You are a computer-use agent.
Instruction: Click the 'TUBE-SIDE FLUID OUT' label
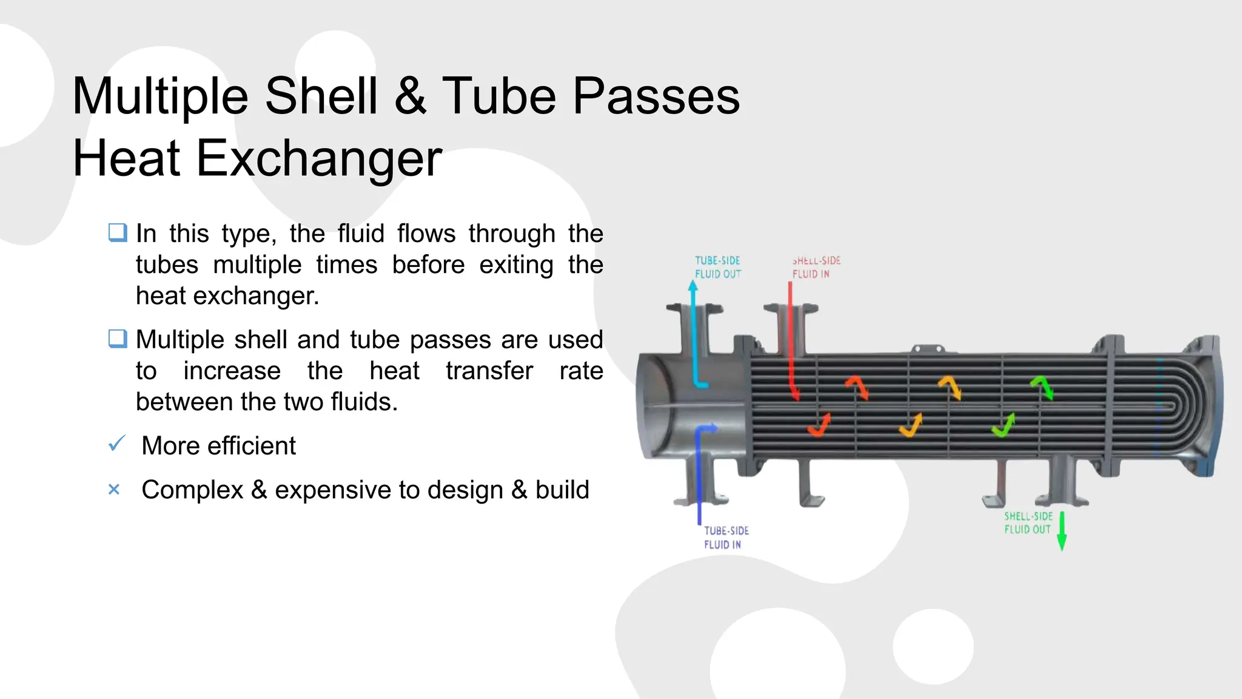[x=717, y=267]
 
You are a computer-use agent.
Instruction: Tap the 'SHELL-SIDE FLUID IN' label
[x=816, y=267]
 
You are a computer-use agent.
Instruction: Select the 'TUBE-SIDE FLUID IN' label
[x=726, y=538]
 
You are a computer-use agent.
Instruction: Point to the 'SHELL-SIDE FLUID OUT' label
[x=1028, y=522]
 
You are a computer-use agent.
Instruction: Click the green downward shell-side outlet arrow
[x=1061, y=531]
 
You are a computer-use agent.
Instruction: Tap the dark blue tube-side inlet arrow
[x=699, y=473]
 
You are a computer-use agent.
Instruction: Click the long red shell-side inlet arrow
[x=791, y=340]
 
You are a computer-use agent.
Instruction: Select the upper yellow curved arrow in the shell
[x=950, y=387]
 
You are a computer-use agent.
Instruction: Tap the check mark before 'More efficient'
[x=116, y=444]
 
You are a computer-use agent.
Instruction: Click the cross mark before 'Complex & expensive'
[x=114, y=489]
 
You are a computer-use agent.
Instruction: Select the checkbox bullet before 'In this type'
[x=118, y=232]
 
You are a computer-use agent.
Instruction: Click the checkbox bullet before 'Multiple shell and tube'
[x=118, y=339]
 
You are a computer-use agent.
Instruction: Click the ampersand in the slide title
[x=411, y=96]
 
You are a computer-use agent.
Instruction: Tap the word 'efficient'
[x=252, y=445]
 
